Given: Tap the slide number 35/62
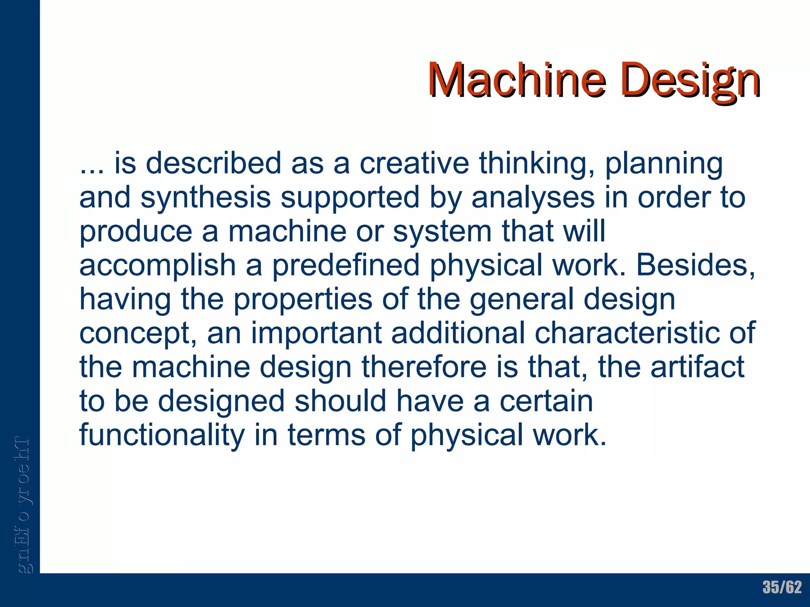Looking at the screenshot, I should [x=782, y=587].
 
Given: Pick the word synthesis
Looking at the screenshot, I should [x=206, y=198].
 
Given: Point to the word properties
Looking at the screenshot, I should [x=303, y=300].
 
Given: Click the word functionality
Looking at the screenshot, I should [x=162, y=435].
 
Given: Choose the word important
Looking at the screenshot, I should [x=316, y=334].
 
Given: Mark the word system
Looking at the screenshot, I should [x=442, y=232].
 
